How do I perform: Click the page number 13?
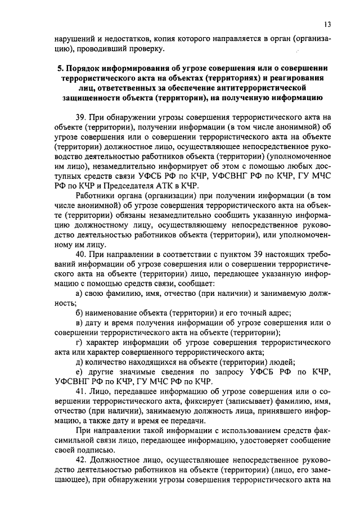(x=327, y=24)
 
